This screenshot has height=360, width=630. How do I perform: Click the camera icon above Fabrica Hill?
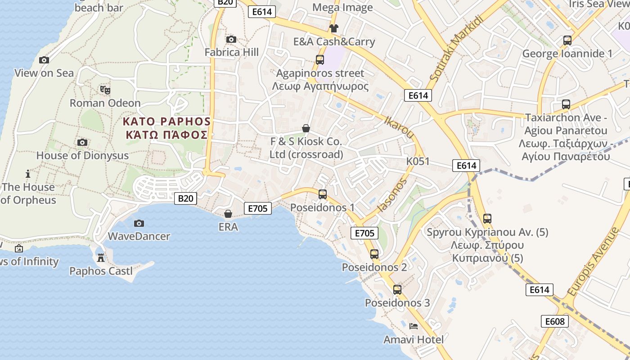231,40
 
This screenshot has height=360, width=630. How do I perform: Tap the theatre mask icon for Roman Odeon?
105,90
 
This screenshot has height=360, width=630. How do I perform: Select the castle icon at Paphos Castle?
101,258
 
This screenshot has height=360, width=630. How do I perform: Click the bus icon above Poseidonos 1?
323,194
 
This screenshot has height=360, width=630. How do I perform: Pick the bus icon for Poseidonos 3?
397,290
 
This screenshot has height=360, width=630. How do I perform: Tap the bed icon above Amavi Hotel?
414,326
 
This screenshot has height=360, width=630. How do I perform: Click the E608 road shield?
554,321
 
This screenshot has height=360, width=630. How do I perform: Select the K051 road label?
418,162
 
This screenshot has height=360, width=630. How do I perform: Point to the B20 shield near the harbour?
185,198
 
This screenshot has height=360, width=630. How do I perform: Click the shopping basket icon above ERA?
228,214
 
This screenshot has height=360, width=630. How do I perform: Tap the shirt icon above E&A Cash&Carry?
333,28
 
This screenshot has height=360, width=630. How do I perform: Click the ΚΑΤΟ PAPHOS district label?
166,122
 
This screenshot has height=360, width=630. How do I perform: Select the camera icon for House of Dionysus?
82,143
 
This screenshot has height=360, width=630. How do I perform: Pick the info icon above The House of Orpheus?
28,174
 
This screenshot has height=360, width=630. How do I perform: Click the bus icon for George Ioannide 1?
567,40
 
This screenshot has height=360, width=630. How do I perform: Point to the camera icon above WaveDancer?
139,223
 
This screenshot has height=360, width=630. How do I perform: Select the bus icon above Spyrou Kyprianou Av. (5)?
487,219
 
